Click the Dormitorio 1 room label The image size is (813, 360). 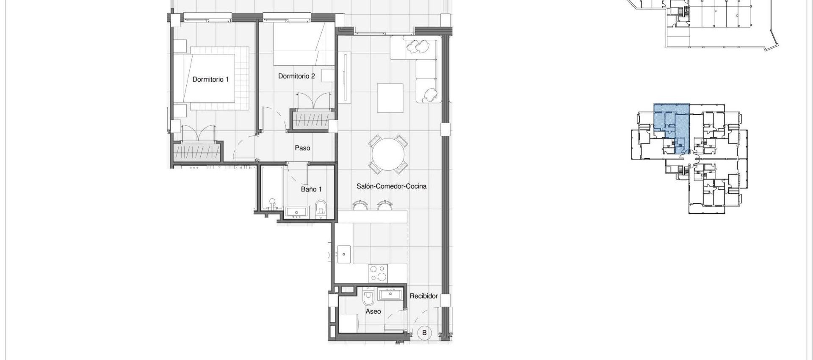coord(210,79)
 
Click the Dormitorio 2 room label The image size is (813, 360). coord(296,76)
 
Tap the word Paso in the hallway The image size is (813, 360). coord(302,148)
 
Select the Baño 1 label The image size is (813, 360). coord(311,189)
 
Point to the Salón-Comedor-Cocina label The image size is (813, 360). coord(391,186)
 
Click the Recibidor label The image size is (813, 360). coord(423,296)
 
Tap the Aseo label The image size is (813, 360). coord(373,311)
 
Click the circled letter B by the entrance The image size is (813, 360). coord(424,333)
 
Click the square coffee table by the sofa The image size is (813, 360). coord(390,98)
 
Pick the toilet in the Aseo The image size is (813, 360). coord(368,298)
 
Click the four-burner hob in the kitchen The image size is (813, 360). coord(378,273)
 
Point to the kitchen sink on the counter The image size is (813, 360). coord(343,254)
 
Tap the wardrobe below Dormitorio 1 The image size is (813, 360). coord(197,151)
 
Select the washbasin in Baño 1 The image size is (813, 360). coord(297,212)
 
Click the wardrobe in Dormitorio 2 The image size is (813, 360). coord(311,119)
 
